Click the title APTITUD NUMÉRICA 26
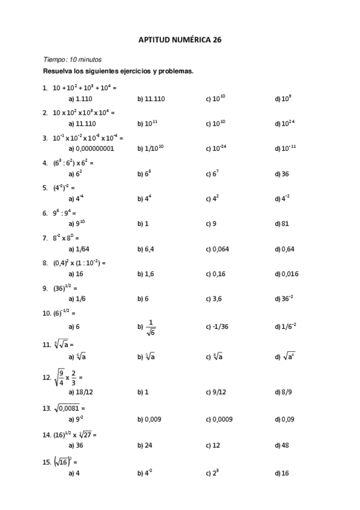[180, 40]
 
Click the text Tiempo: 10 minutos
[72, 60]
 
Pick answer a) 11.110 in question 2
[82, 123]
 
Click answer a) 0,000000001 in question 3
[91, 148]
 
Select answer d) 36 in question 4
[282, 174]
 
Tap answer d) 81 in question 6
[282, 224]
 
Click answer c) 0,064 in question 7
[217, 248]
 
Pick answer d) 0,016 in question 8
[286, 274]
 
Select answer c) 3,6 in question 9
[214, 298]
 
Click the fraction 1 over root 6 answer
[150, 327]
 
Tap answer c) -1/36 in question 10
[216, 327]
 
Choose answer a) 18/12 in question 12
[81, 392]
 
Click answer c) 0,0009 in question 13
[219, 419]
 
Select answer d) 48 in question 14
[282, 445]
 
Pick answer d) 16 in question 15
[282, 473]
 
